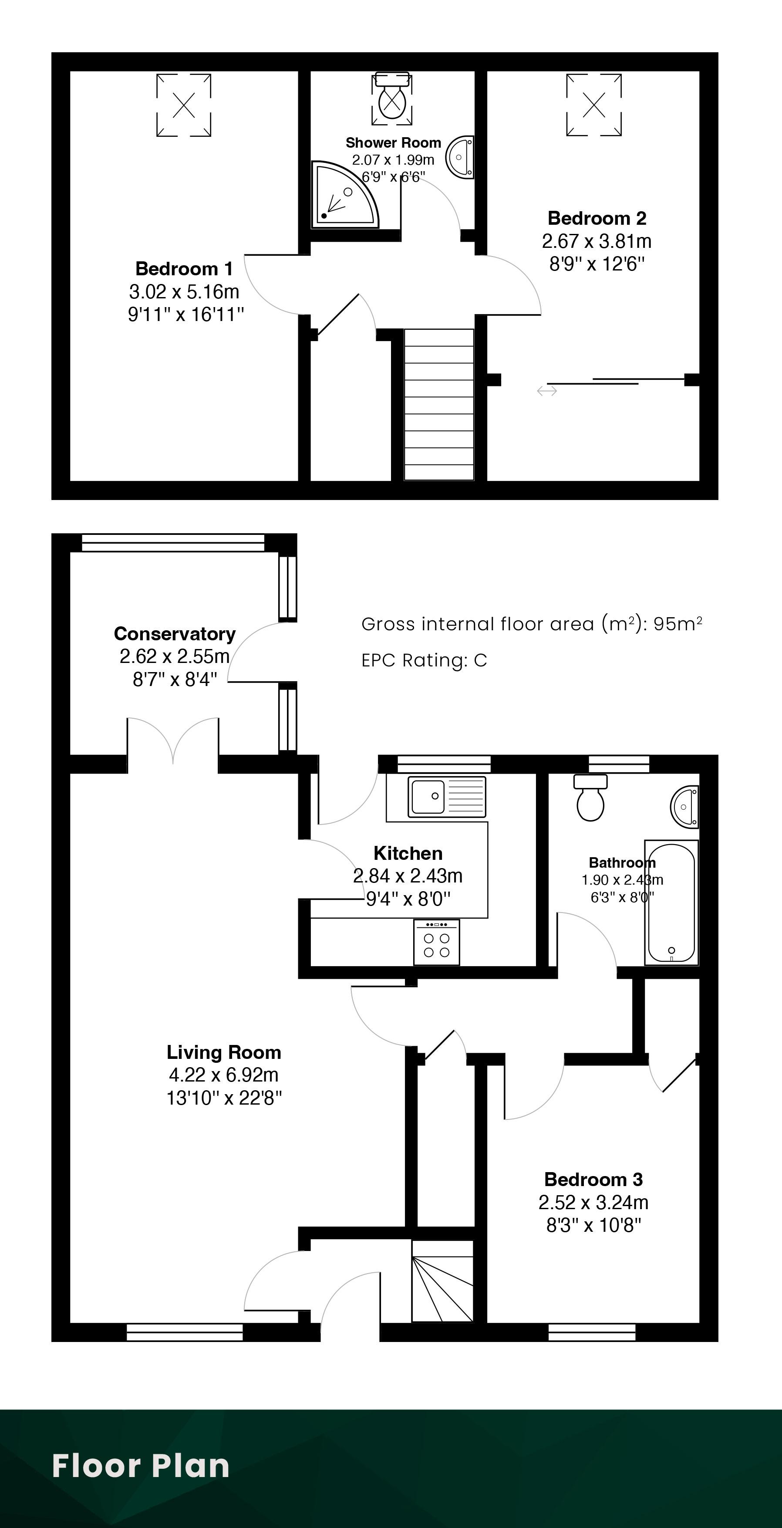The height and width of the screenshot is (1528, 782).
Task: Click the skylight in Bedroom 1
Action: [184, 105]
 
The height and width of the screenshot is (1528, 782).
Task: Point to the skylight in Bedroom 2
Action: [594, 105]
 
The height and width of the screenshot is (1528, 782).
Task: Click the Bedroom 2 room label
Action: [597, 218]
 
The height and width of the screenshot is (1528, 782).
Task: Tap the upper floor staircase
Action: [439, 405]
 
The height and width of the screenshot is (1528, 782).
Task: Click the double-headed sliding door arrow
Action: [546, 390]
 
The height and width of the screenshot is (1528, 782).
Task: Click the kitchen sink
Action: [447, 796]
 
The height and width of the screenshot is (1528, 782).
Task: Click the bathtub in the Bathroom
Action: [671, 902]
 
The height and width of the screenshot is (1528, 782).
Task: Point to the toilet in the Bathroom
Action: [590, 797]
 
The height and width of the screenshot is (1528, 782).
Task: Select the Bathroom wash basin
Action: [685, 806]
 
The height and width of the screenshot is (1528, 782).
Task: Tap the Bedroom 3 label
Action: [593, 1179]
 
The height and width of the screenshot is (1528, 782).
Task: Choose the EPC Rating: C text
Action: [425, 660]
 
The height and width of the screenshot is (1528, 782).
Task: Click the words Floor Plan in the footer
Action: [141, 1466]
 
